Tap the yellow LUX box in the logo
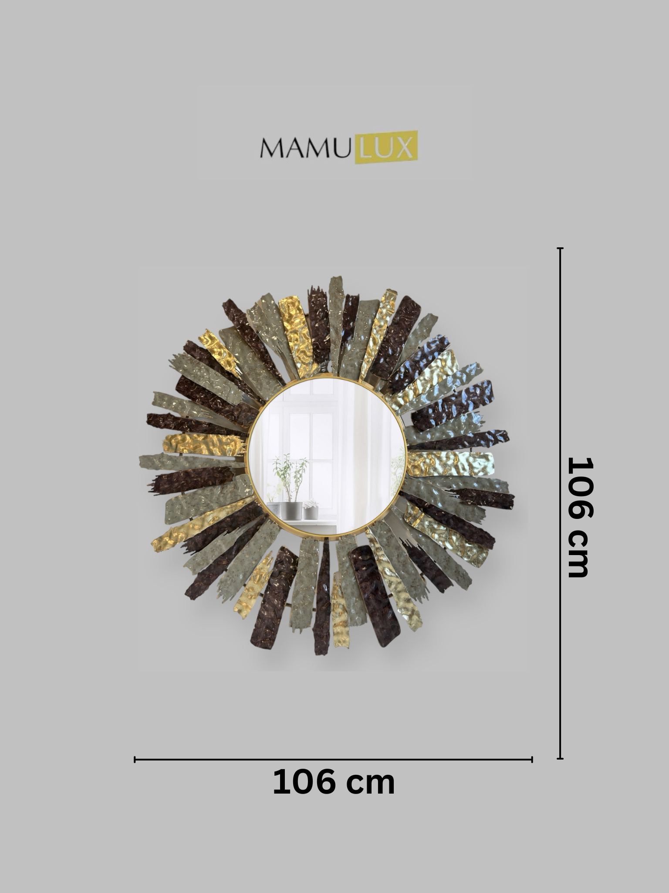pos(386,147)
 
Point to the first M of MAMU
pos(272,148)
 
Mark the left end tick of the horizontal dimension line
pos(135,760)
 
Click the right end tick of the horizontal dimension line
pos(532,760)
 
